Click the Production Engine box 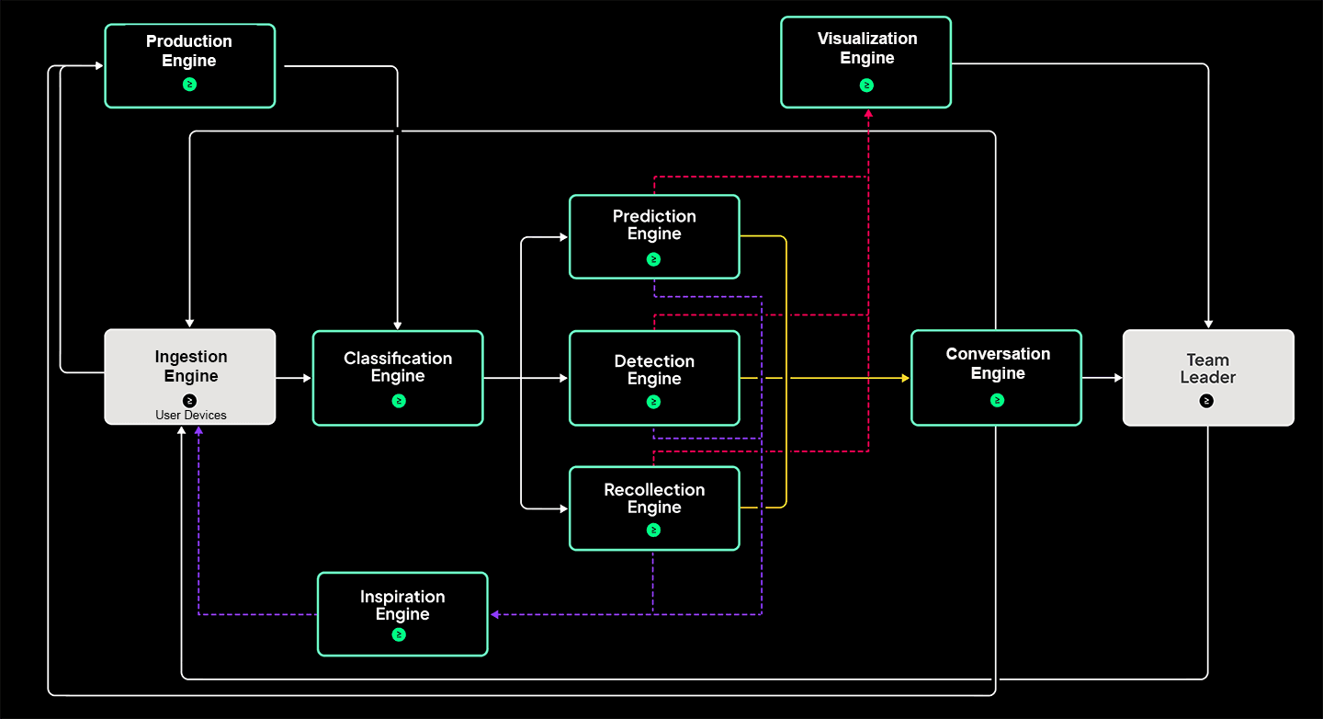[190, 66]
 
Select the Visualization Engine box [866, 63]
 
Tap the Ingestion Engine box [190, 377]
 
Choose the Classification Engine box [398, 378]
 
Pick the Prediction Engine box [654, 236]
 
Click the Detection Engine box [654, 378]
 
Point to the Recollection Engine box [654, 508]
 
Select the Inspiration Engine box [402, 614]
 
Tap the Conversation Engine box [997, 378]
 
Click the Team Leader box [1208, 378]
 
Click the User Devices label [191, 416]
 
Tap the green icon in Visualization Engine [866, 86]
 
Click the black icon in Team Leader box [1207, 401]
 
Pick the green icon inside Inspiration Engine [399, 634]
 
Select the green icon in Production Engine [189, 85]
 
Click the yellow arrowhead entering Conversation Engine [905, 378]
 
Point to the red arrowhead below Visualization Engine [867, 113]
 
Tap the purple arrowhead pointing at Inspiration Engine [494, 614]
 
